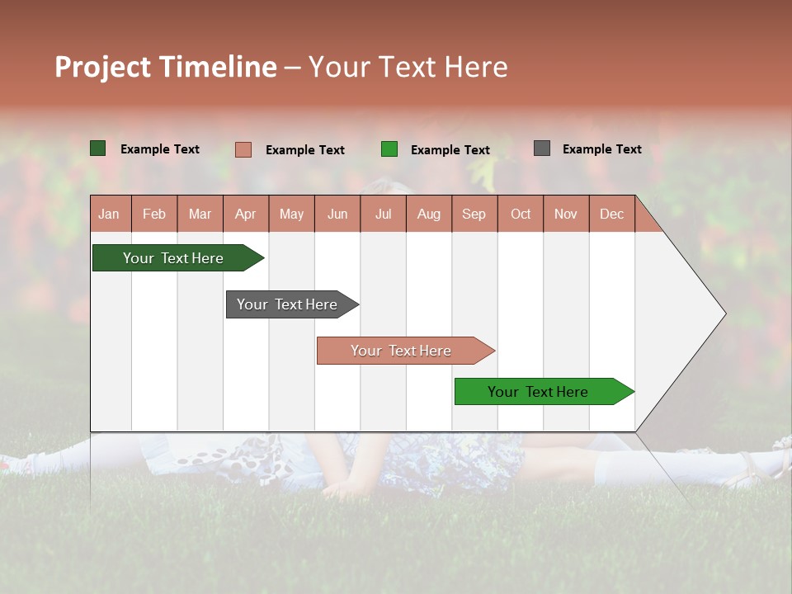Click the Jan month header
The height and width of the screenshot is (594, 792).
(109, 214)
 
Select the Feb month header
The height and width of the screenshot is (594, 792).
(154, 214)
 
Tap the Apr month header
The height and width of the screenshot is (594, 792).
(245, 214)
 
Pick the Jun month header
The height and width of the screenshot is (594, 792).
(337, 214)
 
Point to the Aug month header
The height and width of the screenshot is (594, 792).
(428, 214)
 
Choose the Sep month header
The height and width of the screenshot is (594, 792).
(474, 214)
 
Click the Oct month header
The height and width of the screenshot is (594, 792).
(521, 214)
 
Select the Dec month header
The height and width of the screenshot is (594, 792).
(611, 214)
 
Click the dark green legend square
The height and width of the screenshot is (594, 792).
(98, 148)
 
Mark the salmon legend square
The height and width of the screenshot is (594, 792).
(243, 149)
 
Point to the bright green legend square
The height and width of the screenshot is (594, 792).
(389, 149)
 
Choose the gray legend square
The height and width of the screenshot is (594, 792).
(542, 148)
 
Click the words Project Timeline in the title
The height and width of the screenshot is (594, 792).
(166, 67)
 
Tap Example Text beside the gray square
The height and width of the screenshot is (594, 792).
(601, 149)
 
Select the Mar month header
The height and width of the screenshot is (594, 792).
(200, 214)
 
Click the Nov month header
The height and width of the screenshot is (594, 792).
(566, 214)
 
